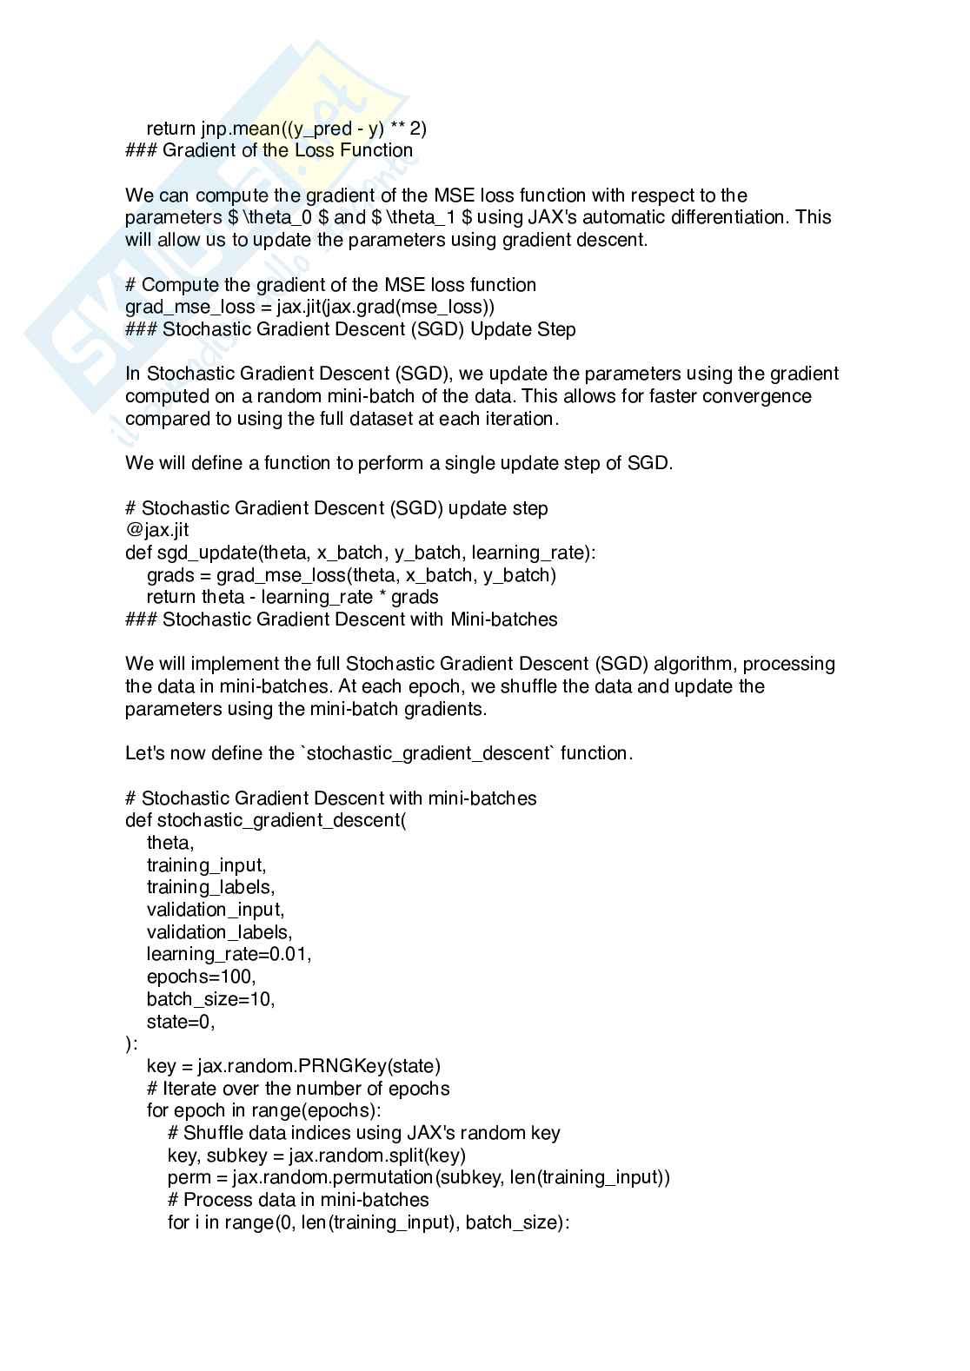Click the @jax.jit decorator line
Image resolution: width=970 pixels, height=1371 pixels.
(157, 530)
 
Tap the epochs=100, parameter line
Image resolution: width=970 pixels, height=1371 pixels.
(201, 977)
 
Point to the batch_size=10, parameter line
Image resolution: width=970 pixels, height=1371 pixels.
(210, 999)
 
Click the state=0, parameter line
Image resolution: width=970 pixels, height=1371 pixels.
(180, 1022)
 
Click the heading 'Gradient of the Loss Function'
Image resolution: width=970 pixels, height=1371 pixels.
(288, 150)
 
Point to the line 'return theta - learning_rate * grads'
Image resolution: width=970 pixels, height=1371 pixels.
(292, 597)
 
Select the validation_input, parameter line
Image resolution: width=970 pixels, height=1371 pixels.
(216, 910)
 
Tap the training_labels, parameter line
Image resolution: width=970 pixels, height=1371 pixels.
(210, 887)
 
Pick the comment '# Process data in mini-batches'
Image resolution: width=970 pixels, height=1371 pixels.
(298, 1200)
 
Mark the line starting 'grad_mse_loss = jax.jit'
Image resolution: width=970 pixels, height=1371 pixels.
(309, 307)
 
